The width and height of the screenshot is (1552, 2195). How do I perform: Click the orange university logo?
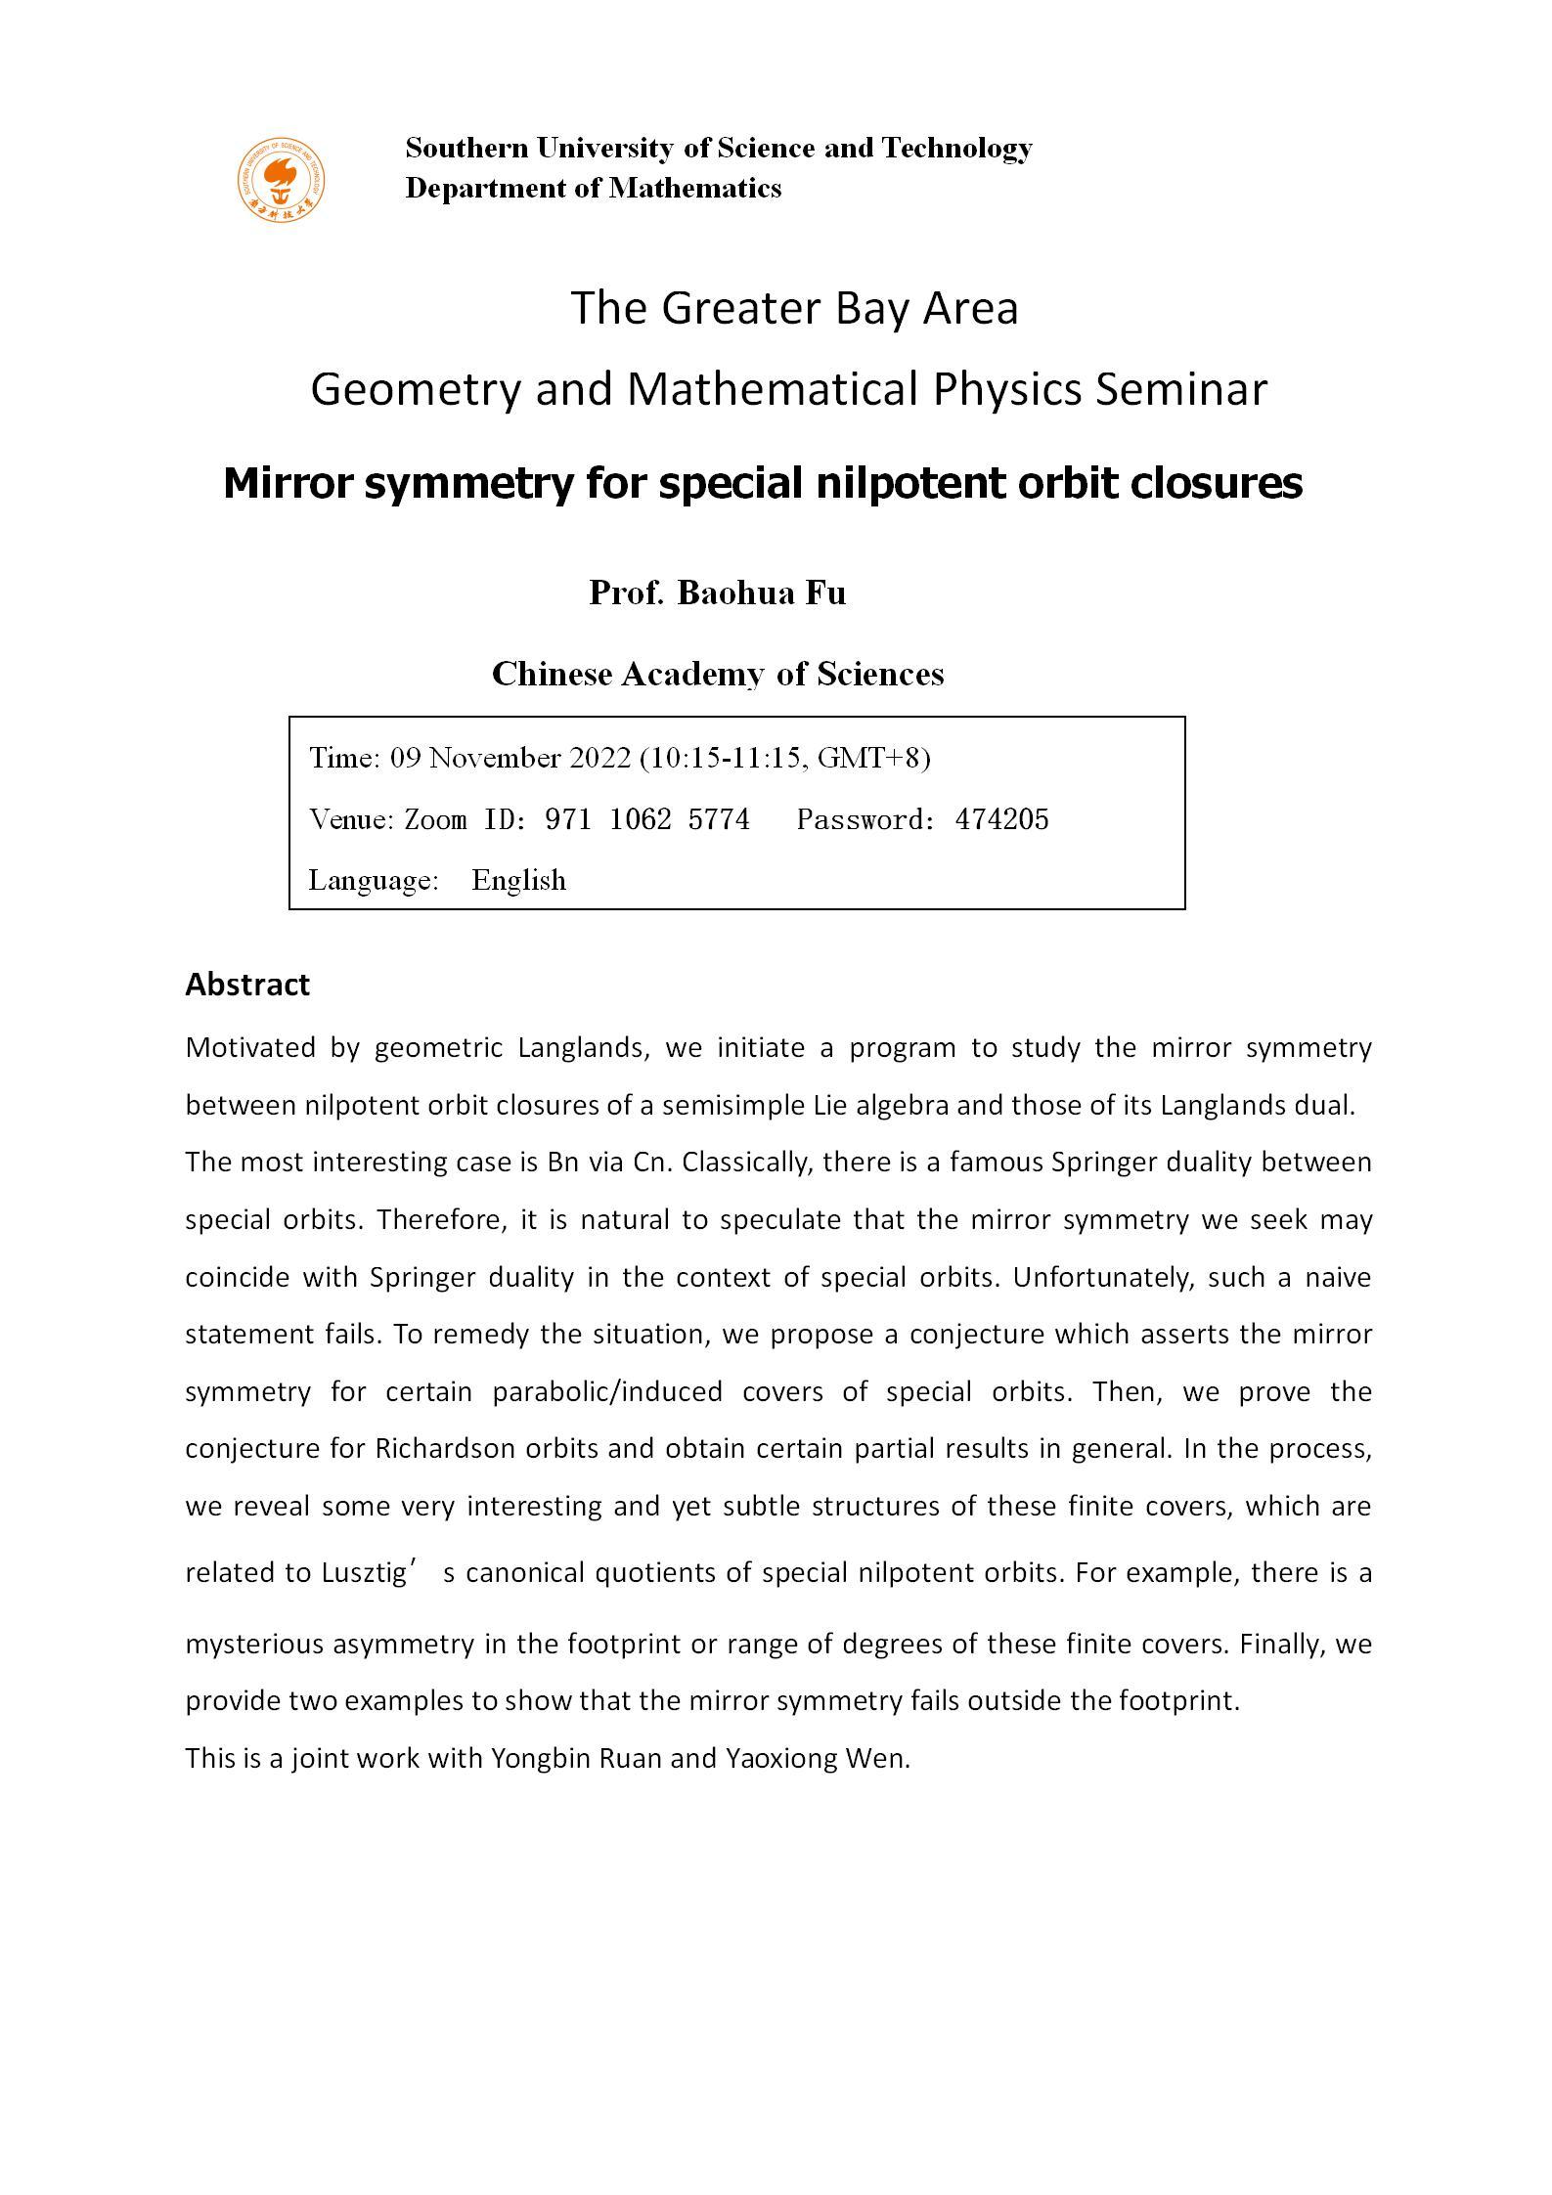(281, 180)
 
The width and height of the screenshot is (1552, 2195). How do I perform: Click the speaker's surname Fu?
(825, 593)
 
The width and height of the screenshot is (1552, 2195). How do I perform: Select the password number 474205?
(1001, 819)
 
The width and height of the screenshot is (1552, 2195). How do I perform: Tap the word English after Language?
(518, 880)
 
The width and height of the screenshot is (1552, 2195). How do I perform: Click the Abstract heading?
(247, 985)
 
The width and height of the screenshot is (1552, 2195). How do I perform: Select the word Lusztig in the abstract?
(363, 1573)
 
